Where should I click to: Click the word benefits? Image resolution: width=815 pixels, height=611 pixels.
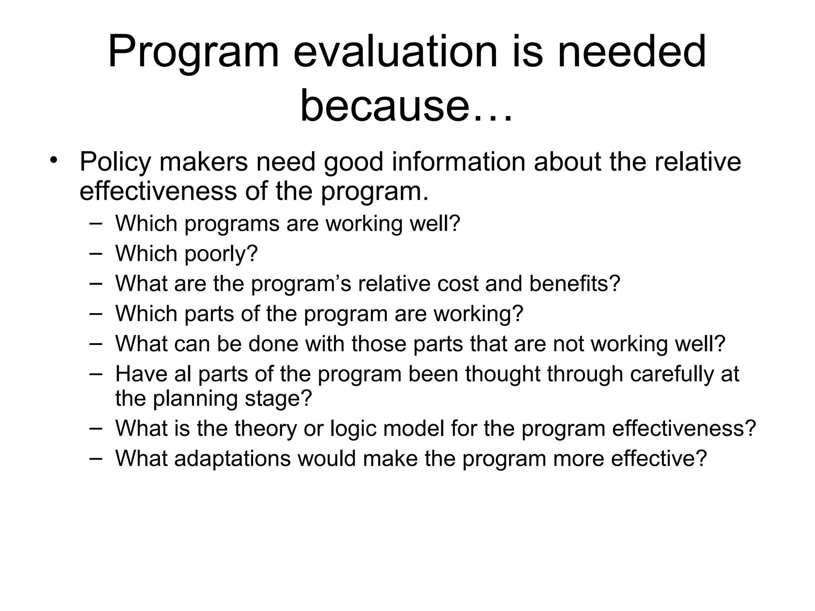point(575,284)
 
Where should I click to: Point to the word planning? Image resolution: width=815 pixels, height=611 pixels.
point(195,399)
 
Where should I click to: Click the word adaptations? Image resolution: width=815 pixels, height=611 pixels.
point(232,459)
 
